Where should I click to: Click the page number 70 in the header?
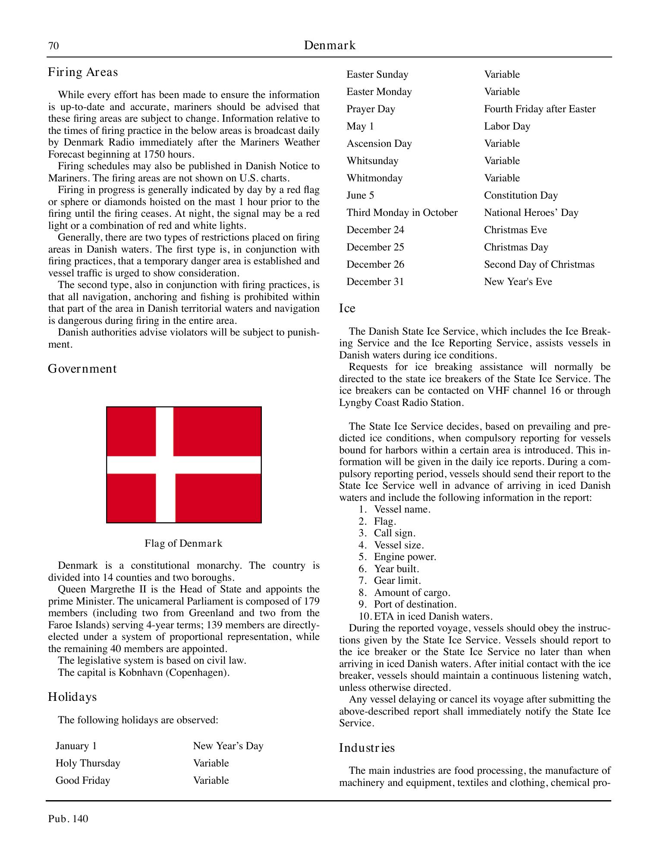(x=53, y=46)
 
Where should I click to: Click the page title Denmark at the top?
(x=330, y=45)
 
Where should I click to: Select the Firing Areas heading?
(x=83, y=72)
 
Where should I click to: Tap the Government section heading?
(x=82, y=369)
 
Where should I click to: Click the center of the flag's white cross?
(x=165, y=465)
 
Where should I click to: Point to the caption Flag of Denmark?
(x=183, y=543)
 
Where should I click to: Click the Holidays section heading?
(x=72, y=697)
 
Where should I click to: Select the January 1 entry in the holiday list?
(x=76, y=746)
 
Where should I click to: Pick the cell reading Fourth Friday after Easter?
(x=540, y=109)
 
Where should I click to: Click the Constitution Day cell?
(x=521, y=195)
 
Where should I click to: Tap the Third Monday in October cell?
(x=402, y=212)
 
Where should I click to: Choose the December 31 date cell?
(x=375, y=282)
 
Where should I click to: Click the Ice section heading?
(x=347, y=308)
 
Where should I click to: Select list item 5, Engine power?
(x=405, y=557)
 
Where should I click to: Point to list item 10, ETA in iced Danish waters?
(x=433, y=616)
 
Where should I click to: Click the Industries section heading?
(x=367, y=747)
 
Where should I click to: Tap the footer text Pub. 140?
(x=68, y=819)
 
